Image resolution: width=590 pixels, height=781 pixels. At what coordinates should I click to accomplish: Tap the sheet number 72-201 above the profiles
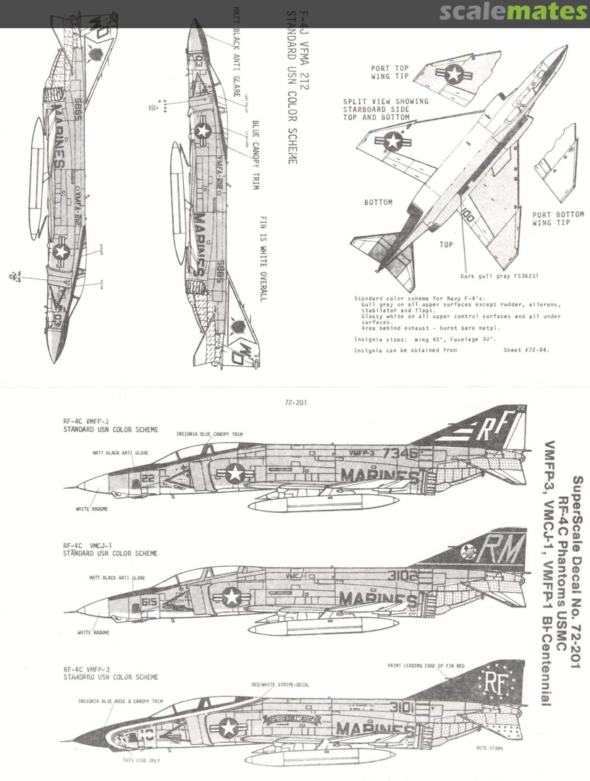point(296,403)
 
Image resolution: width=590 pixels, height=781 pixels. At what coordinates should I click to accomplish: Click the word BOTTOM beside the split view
point(379,202)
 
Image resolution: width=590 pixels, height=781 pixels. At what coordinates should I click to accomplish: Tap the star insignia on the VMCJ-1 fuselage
point(231,597)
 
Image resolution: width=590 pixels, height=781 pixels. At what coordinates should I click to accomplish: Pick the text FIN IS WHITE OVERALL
point(261,257)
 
